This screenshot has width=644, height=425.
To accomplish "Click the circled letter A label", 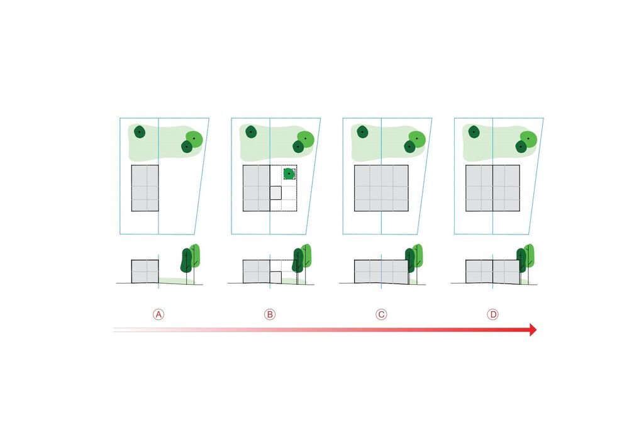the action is pos(158,314).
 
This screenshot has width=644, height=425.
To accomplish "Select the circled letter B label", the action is pos(270,314).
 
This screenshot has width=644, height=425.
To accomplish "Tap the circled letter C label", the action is pos(381,314).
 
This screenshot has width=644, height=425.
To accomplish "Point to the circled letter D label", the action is pos(492,314).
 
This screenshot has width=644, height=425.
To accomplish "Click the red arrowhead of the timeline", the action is pos(533,329).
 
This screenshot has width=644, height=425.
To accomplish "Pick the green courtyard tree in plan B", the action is pos(289,174).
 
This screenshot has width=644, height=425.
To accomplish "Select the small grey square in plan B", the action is pos(275,193).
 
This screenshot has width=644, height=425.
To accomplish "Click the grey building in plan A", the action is pos(145,188).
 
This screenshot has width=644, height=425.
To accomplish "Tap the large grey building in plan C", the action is pos(381,188).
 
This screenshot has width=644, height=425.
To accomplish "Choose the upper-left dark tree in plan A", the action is pos(140,132).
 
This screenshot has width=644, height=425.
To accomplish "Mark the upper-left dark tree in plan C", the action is pos(362,132).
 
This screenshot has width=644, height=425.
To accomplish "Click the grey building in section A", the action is pos(145,272).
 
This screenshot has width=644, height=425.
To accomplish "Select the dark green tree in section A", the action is pos(186,260).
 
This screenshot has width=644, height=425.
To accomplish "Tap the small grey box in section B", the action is pos(275,277).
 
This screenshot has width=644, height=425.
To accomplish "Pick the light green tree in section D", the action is pos(530,255).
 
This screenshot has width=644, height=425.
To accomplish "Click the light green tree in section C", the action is pos(418,255).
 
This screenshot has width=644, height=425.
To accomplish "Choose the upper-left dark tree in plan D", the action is pos(474,132).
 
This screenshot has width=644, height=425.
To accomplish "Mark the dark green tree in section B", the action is pos(297,260).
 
